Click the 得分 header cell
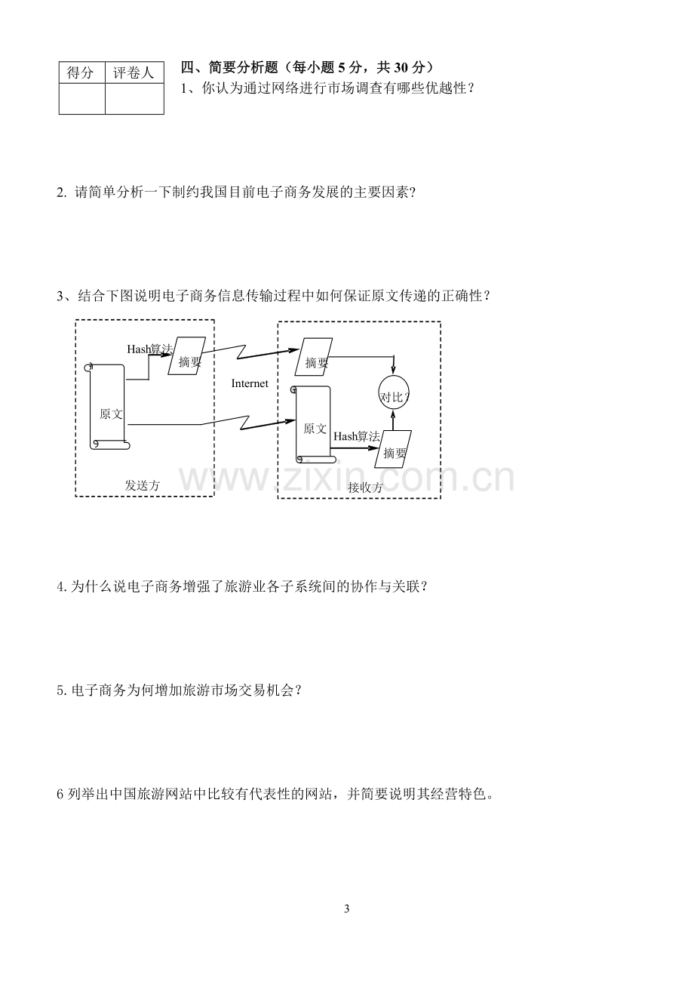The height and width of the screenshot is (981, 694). (x=82, y=72)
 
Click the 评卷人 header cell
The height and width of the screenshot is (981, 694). (x=134, y=72)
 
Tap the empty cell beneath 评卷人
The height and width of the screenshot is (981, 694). (x=134, y=99)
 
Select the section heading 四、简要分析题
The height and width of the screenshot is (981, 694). (x=229, y=67)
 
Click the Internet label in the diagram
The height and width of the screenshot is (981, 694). (x=250, y=383)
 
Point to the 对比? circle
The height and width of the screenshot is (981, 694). (x=394, y=392)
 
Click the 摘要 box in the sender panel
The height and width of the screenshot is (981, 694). (x=187, y=355)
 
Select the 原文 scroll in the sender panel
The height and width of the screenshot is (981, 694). (x=109, y=407)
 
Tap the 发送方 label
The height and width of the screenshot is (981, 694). (x=143, y=485)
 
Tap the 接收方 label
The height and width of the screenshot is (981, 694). (x=365, y=487)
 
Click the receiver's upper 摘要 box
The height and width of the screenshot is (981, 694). (x=314, y=357)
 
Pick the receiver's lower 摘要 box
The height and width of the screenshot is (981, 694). (x=393, y=449)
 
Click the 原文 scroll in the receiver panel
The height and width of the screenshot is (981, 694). (x=314, y=424)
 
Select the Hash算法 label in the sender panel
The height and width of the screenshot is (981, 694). (x=150, y=349)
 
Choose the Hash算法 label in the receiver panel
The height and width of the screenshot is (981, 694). (x=357, y=436)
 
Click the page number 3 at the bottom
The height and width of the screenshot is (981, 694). (x=347, y=909)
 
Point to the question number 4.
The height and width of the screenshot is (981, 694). (x=61, y=586)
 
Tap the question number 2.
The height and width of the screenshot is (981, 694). (x=61, y=192)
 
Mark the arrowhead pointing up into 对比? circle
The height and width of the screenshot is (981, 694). (x=393, y=414)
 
